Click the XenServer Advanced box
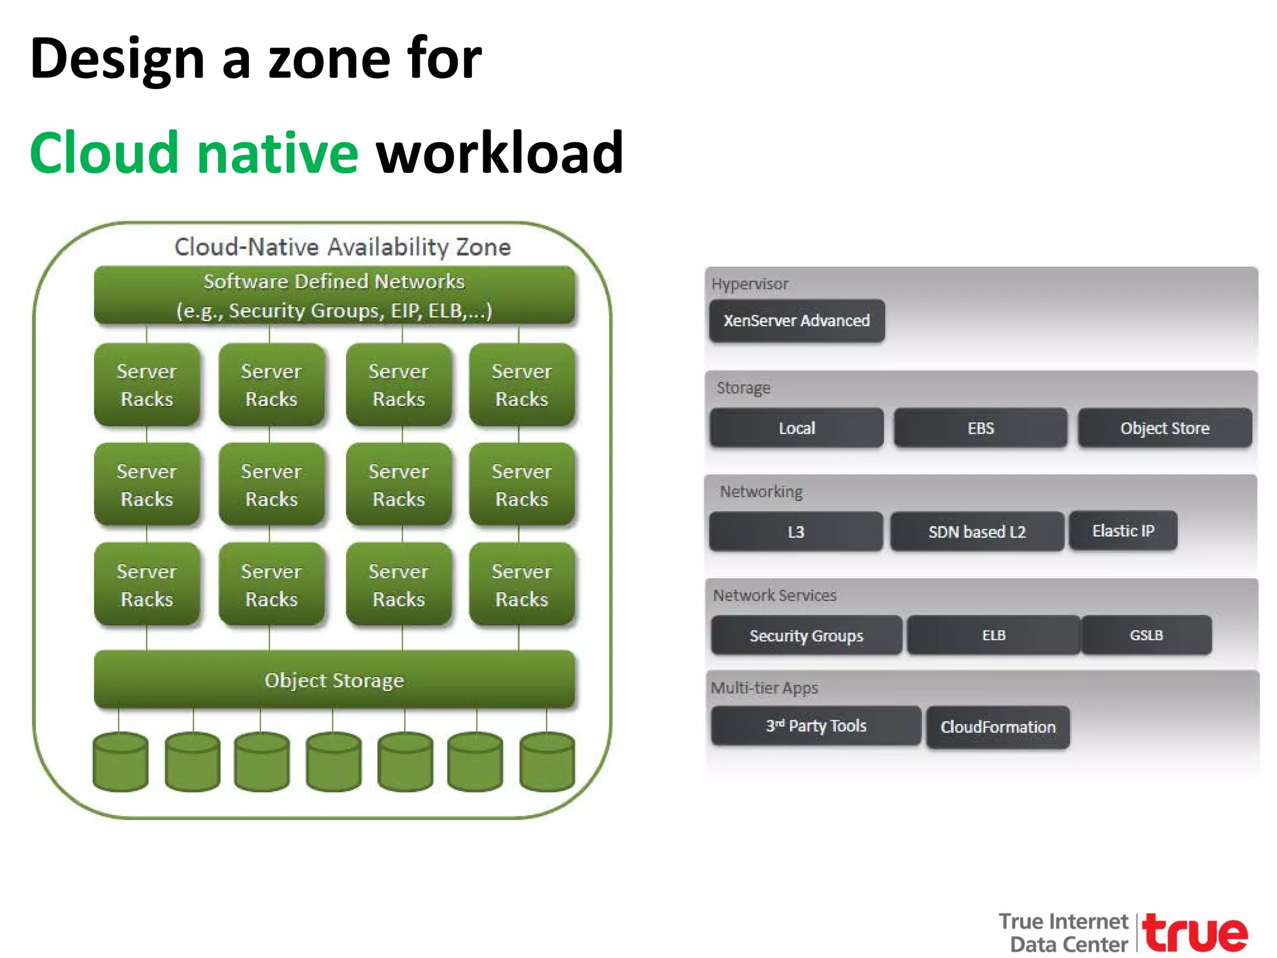[796, 321]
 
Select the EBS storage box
[980, 428]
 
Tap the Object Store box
[1164, 428]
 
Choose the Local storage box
[796, 428]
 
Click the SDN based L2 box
[976, 531]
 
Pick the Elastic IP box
[1123, 531]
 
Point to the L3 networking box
[796, 531]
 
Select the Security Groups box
[806, 636]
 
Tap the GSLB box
[1146, 635]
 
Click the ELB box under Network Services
[993, 635]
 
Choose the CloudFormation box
[998, 727]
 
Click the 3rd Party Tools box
[816, 725]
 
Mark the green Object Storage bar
[334, 680]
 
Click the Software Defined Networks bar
[334, 296]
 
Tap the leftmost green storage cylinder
[120, 762]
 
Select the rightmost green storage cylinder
[547, 762]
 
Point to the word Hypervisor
[749, 284]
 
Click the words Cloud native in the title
[194, 153]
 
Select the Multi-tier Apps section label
[764, 688]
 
